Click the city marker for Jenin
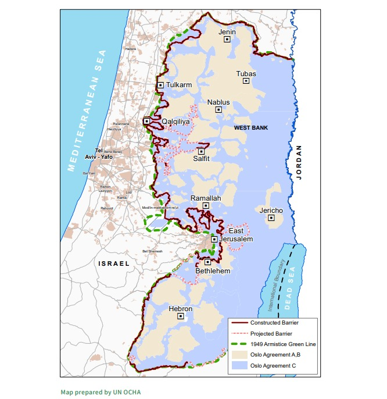228,39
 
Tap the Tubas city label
246,74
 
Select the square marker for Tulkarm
160,85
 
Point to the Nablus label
218,102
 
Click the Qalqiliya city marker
147,121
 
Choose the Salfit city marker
202,151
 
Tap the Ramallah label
206,198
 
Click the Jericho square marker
271,218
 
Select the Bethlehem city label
213,271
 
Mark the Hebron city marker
181,316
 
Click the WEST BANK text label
250,127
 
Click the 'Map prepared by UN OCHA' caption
101,392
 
